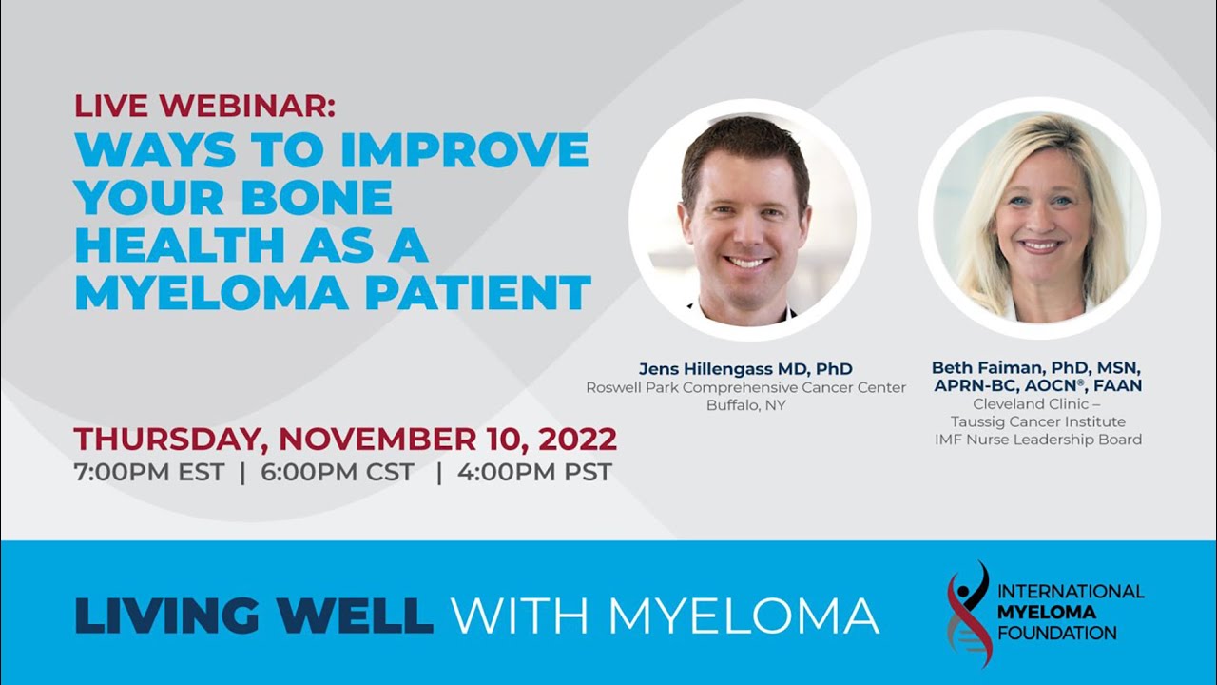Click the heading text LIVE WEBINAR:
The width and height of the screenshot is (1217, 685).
tap(204, 106)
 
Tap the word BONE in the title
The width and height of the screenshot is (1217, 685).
tap(317, 197)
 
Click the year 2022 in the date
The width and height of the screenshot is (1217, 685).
tap(577, 440)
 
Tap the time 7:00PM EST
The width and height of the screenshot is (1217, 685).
tap(149, 472)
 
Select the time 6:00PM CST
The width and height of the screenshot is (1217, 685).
tap(338, 472)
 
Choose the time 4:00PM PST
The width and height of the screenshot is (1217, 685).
tap(534, 472)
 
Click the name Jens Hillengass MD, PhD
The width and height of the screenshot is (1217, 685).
tap(745, 368)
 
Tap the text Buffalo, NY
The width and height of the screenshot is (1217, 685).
tap(746, 405)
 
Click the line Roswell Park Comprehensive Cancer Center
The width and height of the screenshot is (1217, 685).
tap(746, 387)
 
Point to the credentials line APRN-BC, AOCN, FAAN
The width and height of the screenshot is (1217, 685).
tap(1037, 385)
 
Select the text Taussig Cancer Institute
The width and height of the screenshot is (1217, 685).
tap(1037, 421)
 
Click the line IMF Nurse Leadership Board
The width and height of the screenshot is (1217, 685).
tap(1037, 440)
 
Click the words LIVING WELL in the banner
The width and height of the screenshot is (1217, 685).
tap(254, 616)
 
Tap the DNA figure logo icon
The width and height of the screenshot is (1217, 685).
tap(969, 614)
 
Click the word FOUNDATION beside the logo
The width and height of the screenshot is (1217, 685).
tap(1057, 634)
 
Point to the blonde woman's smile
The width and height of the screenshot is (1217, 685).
tap(1039, 245)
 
